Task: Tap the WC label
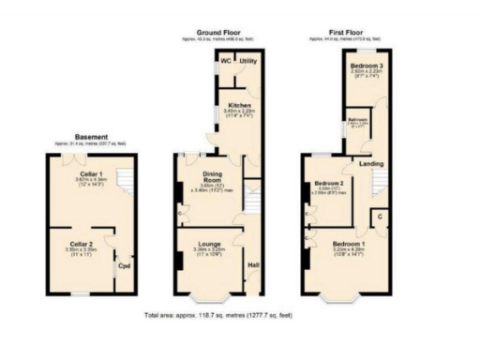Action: [225, 61]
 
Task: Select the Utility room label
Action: [248, 61]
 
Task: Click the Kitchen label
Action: [236, 105]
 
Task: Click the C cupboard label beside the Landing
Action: [380, 217]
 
